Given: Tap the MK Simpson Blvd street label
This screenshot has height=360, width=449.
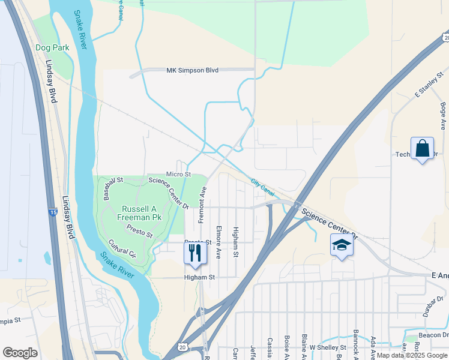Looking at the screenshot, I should point(192,70).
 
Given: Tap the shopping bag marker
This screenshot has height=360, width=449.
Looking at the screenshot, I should point(422,148).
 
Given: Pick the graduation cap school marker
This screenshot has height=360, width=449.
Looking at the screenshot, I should point(342,245).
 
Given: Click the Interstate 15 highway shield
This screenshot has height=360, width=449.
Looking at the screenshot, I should point(53,212).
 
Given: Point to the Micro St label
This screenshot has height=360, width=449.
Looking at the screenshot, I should point(178,174).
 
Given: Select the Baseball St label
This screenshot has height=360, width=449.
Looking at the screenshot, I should point(112,188).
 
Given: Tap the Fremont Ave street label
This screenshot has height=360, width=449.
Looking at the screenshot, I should point(203,204).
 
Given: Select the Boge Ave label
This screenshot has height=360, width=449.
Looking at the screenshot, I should point(443,116).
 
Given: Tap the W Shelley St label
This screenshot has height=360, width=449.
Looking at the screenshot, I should point(327,347).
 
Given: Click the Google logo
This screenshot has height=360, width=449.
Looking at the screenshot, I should point(20,353).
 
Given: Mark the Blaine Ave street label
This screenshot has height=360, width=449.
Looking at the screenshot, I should point(305,347).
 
